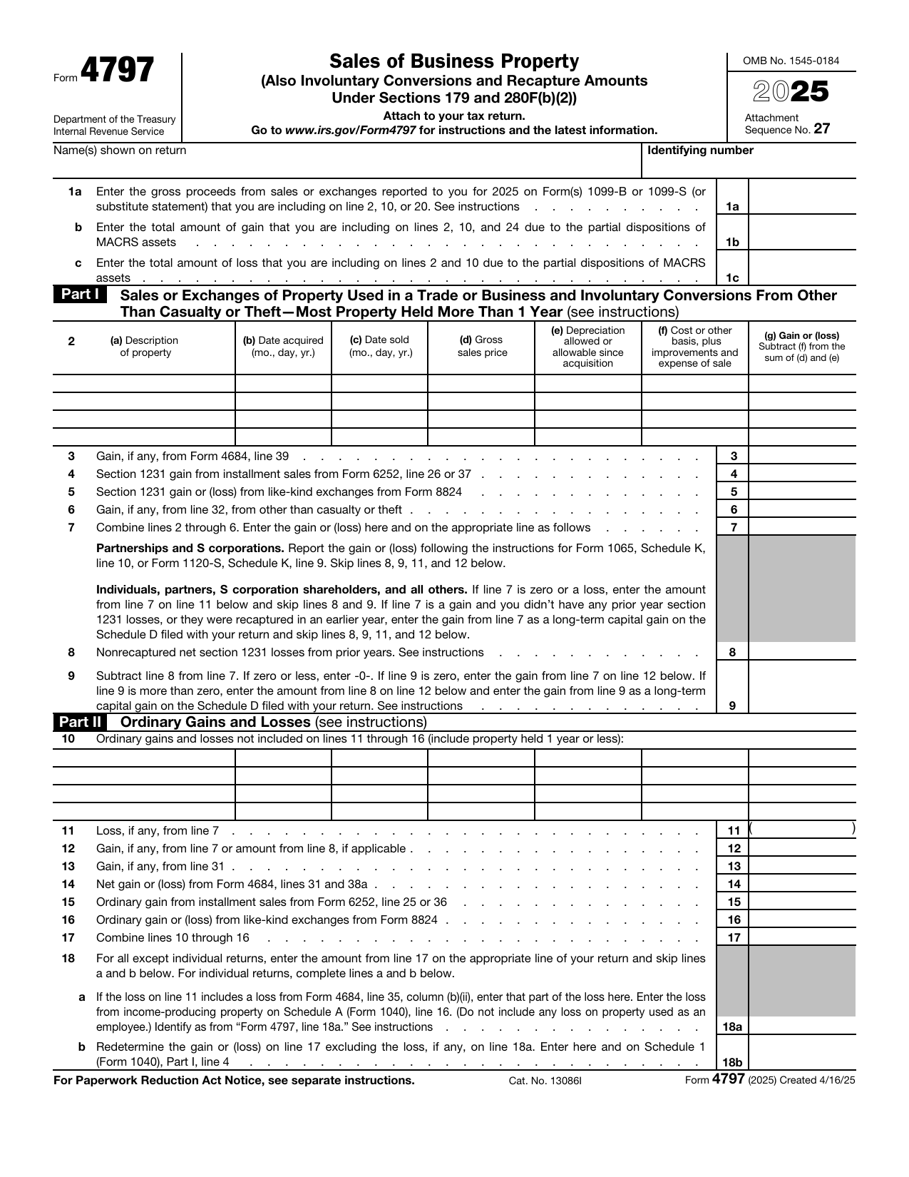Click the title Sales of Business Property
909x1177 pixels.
click(454, 62)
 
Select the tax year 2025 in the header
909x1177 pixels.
click(791, 92)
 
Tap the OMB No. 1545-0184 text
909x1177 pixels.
click(791, 61)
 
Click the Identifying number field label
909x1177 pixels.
click(700, 151)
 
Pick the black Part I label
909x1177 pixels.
click(79, 295)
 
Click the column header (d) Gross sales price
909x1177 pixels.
click(482, 347)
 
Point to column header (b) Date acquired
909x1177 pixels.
click(283, 347)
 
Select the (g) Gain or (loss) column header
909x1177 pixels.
click(801, 346)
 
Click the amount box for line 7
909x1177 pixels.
click(802, 528)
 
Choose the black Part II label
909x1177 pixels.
click(79, 722)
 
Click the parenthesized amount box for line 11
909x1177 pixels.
click(802, 830)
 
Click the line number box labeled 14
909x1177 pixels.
click(734, 885)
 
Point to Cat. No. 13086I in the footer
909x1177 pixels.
click(545, 1081)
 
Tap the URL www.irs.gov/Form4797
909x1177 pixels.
click(350, 131)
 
